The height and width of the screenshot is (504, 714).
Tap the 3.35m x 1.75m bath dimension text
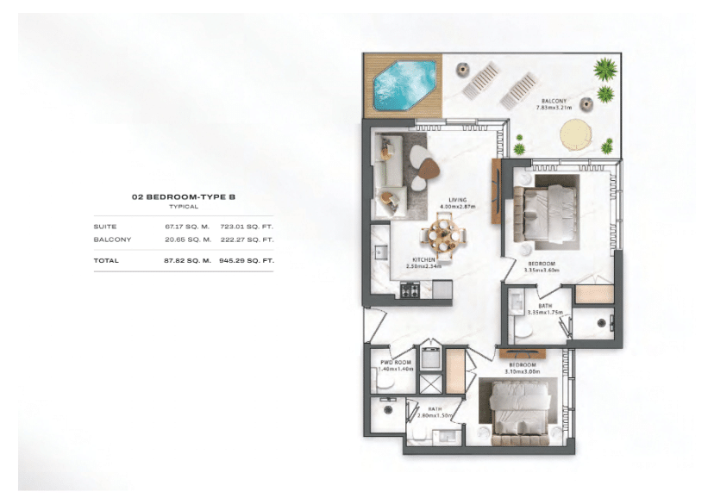point(544,313)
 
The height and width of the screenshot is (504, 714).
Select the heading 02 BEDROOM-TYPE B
point(183,197)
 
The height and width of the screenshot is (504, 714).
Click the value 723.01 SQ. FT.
point(247,226)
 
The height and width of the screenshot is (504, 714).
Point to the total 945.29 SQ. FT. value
point(247,260)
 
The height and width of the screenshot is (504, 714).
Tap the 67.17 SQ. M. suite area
point(188,226)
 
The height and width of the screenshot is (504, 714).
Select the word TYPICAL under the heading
point(183,207)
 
